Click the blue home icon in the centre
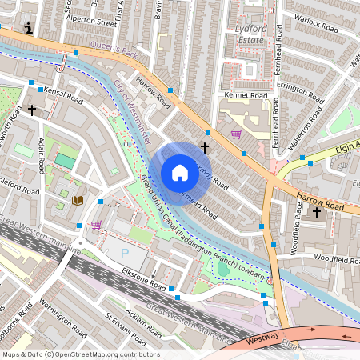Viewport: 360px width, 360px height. click(x=180, y=173)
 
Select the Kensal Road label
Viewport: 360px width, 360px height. click(x=63, y=95)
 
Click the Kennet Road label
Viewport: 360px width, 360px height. click(x=247, y=95)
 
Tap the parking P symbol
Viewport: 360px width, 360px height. click(x=124, y=253)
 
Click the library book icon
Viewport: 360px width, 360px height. click(x=78, y=200)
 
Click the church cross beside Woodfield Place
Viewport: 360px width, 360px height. click(x=317, y=213)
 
